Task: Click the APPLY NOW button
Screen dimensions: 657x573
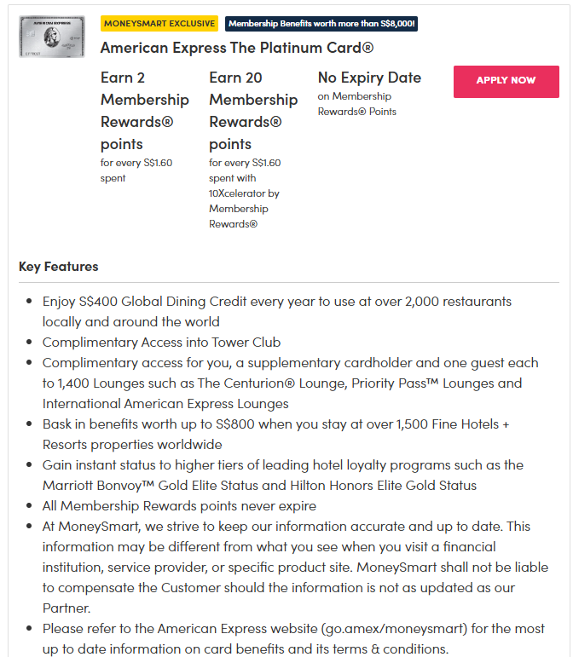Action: tap(506, 81)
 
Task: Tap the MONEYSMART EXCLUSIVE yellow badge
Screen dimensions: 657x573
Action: tap(159, 24)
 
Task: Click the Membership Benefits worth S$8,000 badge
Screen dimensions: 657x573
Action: tap(321, 24)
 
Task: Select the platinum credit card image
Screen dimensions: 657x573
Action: tap(51, 37)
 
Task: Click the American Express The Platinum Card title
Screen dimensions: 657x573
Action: tap(237, 48)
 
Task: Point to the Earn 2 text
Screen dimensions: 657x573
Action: tap(123, 78)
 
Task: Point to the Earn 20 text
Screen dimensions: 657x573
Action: tap(235, 78)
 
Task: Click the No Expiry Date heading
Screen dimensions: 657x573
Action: tap(369, 78)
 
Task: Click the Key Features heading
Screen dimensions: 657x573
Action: tap(58, 267)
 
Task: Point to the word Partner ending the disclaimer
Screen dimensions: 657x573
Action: tap(67, 608)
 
